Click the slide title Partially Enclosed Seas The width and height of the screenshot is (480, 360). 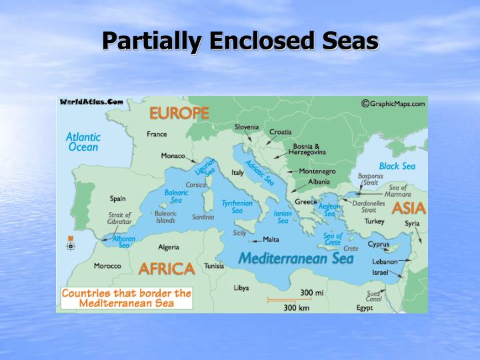pos(240,41)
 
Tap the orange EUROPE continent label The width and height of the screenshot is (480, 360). pos(179,113)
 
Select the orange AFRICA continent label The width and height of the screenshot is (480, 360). pos(166,269)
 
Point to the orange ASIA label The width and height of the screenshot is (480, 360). pos(408,208)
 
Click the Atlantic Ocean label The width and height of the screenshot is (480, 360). pos(83,142)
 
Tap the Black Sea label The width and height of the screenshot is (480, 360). pos(397,166)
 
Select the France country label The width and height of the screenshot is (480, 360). pos(157,134)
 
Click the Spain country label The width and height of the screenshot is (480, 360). pos(117,199)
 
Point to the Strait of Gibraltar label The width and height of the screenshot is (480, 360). pos(120,219)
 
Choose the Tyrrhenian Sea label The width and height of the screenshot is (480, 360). pos(237,207)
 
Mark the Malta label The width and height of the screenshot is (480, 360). pos(271,239)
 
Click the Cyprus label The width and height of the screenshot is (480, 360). pos(379,244)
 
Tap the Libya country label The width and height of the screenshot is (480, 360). pos(241,288)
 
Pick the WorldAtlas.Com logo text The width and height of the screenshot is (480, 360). pos(91,102)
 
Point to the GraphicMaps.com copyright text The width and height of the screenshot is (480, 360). pos(393,103)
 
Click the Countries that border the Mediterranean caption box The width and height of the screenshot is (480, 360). pos(126,298)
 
